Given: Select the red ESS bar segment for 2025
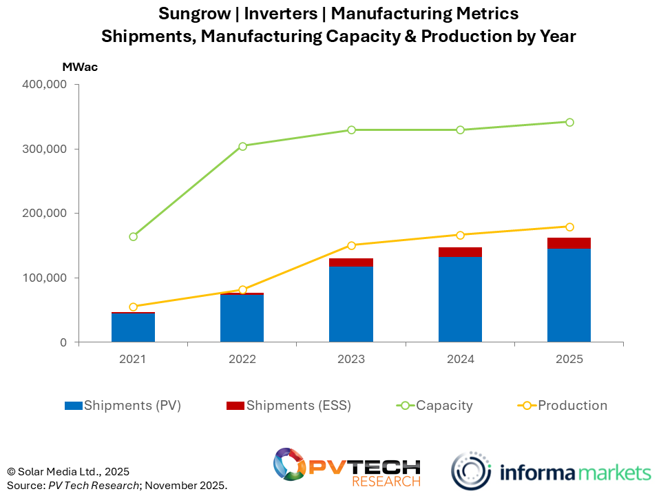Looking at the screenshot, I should pos(569,243).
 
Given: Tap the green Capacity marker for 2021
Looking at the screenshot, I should pos(134,236).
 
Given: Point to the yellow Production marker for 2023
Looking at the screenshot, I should pos(351,245).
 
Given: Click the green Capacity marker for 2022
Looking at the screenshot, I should pos(242,146).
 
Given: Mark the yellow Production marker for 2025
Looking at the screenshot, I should pos(569,227).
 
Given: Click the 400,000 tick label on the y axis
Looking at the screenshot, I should pos(44,85).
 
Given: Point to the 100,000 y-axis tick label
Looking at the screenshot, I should pos(44,278).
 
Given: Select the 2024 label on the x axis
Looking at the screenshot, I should pos(460,359).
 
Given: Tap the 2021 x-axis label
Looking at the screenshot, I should pos(134,359).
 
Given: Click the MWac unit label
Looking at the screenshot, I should pos(80,68).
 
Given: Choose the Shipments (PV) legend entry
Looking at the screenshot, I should pos(123,406).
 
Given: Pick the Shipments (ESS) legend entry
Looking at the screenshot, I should pos(289,406).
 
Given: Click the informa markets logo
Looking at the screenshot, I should pos(551,472).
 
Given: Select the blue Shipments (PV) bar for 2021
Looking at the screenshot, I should pos(134,327).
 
